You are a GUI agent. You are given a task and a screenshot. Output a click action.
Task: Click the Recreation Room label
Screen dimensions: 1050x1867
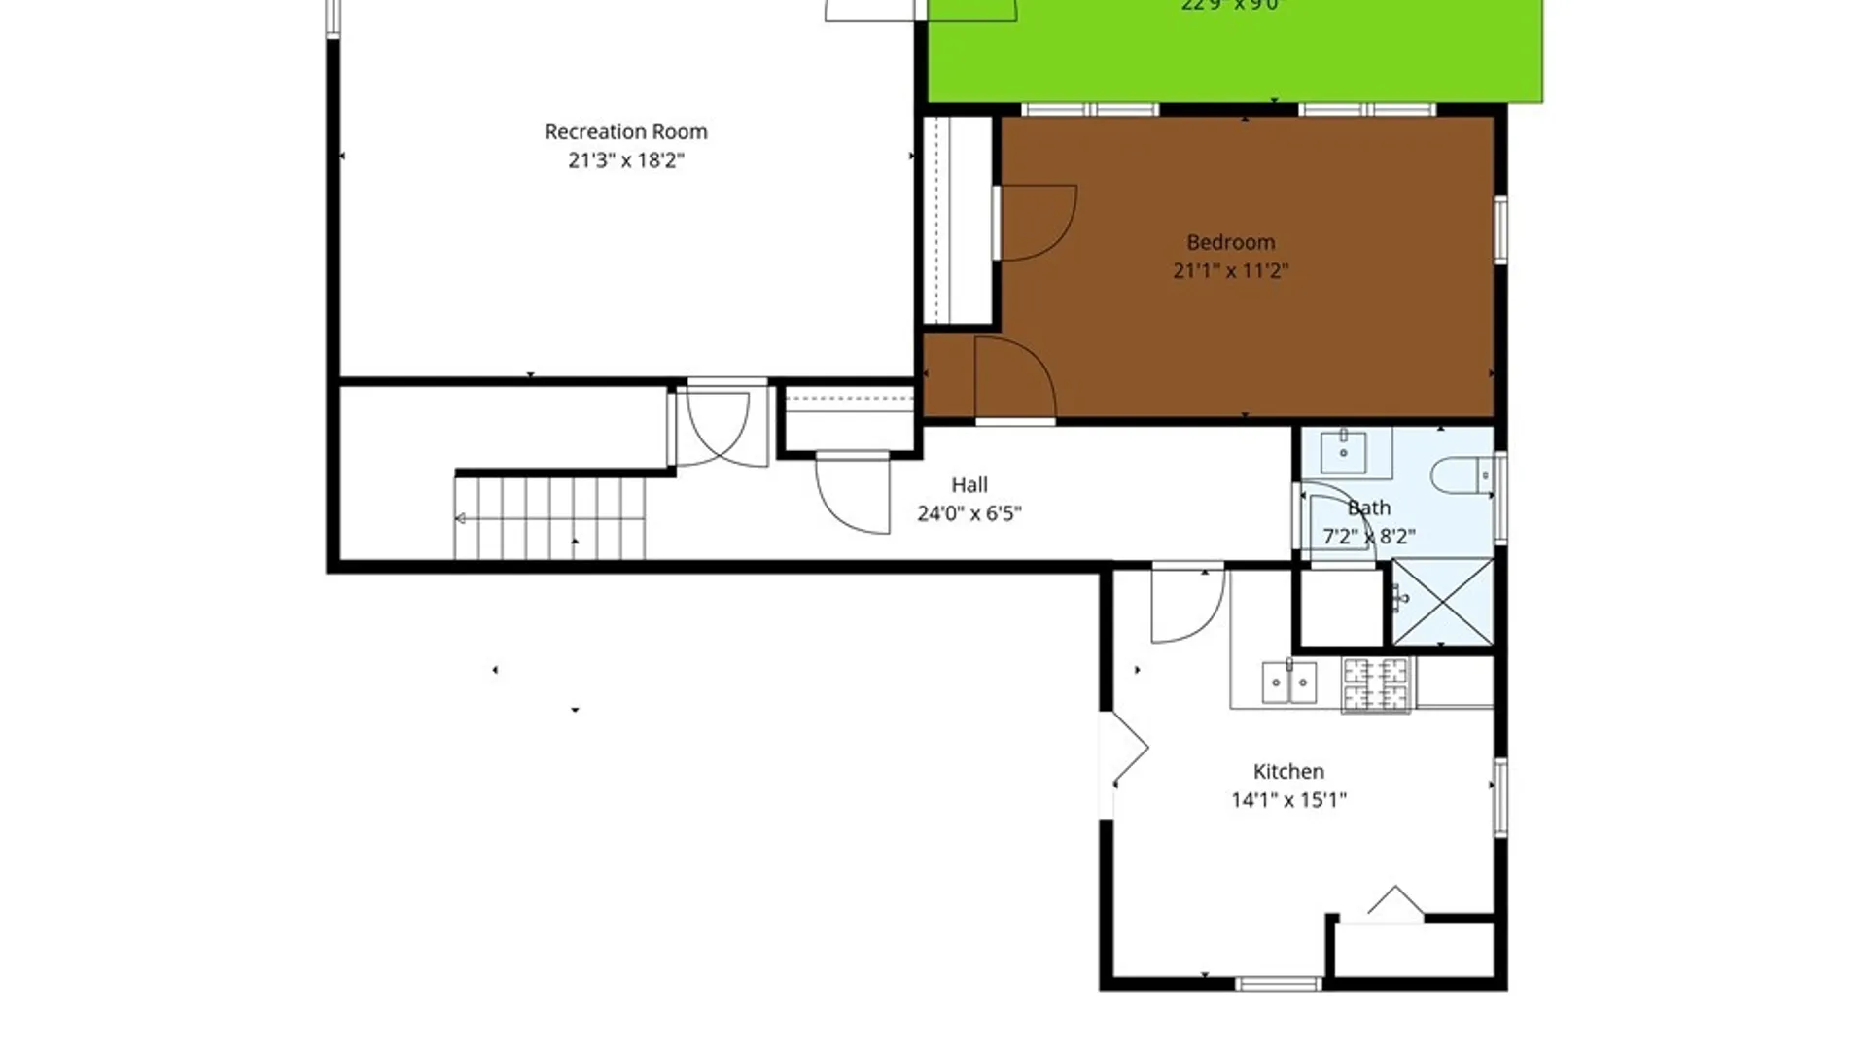(625, 131)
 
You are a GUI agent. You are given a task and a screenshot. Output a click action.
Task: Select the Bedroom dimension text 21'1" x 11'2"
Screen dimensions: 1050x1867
(1230, 270)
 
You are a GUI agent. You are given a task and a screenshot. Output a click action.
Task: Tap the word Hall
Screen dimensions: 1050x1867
(969, 484)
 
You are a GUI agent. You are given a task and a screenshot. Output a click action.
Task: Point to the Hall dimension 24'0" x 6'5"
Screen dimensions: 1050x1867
(969, 513)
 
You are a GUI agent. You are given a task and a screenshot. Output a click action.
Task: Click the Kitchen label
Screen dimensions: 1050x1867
(1288, 771)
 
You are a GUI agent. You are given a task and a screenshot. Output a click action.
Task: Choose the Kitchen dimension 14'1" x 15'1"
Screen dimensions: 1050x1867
(1288, 800)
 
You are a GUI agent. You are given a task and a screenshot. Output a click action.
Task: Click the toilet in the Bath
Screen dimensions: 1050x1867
(1460, 476)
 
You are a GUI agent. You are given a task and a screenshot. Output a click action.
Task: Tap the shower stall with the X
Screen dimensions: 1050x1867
(1443, 601)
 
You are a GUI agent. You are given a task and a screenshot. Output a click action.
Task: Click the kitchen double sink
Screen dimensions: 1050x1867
(1289, 682)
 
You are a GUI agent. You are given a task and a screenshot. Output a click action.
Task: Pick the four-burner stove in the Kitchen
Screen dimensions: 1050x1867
(1375, 683)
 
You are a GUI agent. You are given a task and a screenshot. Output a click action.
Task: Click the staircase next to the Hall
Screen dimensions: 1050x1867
(549, 518)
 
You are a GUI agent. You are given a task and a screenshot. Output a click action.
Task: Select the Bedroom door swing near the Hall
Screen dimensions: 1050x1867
(1015, 379)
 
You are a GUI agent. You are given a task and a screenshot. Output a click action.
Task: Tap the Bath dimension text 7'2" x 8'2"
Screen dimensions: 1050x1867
(1368, 537)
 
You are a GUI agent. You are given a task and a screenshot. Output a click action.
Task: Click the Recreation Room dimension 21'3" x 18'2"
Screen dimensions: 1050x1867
(625, 160)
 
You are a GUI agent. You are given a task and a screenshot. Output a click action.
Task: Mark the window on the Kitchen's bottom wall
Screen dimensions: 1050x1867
(1278, 984)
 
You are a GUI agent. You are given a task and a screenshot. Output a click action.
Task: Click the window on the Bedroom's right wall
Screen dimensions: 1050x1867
(1500, 229)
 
